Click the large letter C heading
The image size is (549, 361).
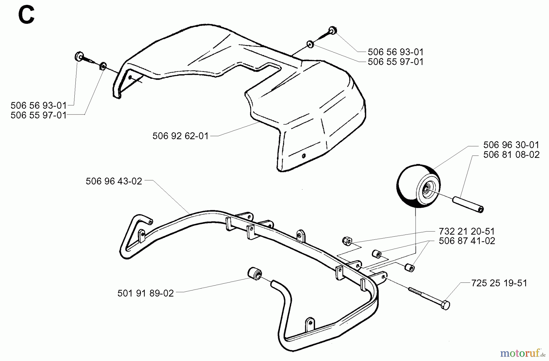[26, 16]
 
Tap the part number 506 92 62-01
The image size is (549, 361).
[180, 136]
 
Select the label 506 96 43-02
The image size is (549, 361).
[114, 181]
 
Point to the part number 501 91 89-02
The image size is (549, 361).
[145, 293]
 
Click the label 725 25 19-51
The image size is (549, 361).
[499, 283]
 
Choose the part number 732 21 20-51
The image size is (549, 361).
[467, 231]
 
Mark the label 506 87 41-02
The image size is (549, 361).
[467, 241]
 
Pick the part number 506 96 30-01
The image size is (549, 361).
[511, 145]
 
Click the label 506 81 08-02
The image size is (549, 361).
[511, 155]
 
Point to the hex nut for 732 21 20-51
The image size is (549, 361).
[347, 240]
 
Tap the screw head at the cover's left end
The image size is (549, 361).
[79, 57]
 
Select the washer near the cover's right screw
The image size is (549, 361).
[310, 45]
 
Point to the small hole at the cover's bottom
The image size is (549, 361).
[303, 156]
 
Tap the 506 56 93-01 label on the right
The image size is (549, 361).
[396, 52]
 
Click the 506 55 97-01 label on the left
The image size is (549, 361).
[38, 115]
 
